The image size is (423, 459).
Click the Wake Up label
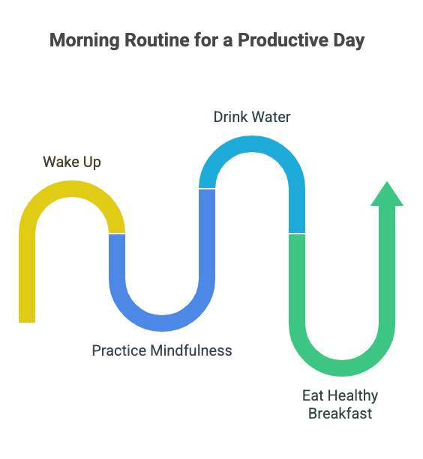pos(72,162)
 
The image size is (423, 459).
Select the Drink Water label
pos(252,117)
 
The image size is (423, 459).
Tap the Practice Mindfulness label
pos(162,350)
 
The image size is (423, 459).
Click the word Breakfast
pos(340,413)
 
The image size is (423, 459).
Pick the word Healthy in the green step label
pos(352,395)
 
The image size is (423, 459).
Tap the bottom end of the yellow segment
pos(27,317)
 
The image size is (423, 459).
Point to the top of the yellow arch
pos(72,188)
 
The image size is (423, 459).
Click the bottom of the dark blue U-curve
pos(162,323)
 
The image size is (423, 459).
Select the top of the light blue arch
pos(252,144)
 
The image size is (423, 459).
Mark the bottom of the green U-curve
pos(342,368)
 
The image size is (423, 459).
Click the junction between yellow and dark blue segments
pos(117,234)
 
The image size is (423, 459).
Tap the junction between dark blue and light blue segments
pos(207,189)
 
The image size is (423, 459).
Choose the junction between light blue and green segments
pos(297,234)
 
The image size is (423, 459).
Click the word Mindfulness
pos(190,350)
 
